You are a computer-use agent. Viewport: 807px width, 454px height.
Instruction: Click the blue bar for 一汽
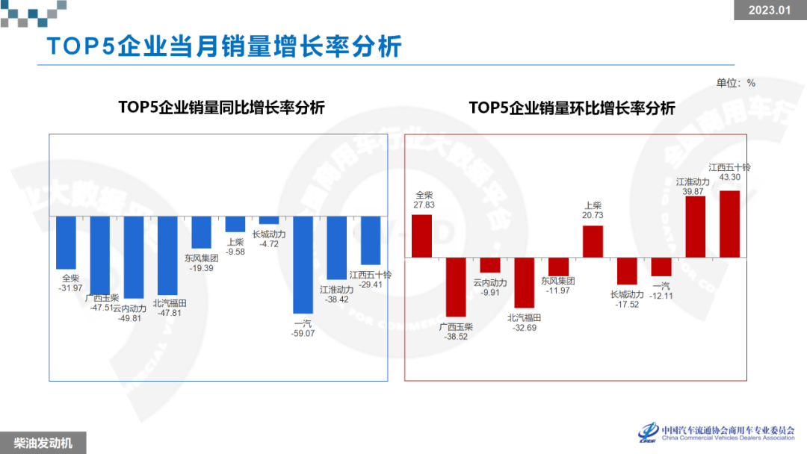click(x=303, y=270)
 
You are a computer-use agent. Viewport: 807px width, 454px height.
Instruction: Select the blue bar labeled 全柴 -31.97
click(x=67, y=242)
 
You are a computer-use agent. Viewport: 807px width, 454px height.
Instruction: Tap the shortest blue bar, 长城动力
click(x=269, y=220)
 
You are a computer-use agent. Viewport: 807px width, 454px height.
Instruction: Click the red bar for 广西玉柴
click(x=456, y=287)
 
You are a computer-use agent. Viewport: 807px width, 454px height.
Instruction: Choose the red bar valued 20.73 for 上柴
click(x=593, y=241)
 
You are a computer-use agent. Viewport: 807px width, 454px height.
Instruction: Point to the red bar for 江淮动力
click(x=695, y=227)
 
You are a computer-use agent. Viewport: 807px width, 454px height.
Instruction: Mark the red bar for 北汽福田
click(x=524, y=282)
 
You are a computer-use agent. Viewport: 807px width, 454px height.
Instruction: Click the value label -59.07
click(x=303, y=334)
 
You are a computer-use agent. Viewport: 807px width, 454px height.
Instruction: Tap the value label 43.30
click(x=729, y=178)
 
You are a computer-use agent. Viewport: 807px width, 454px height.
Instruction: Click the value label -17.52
click(x=627, y=305)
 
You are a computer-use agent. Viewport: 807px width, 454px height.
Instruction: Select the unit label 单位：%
click(x=735, y=83)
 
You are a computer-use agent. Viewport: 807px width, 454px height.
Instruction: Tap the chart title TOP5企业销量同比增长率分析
click(x=221, y=108)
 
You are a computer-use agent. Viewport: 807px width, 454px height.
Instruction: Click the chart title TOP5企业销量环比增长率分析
click(x=572, y=108)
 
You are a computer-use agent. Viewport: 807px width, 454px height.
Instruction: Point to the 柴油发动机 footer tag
click(x=43, y=443)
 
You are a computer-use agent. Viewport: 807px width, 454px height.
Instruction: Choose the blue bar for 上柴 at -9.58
click(x=235, y=224)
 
